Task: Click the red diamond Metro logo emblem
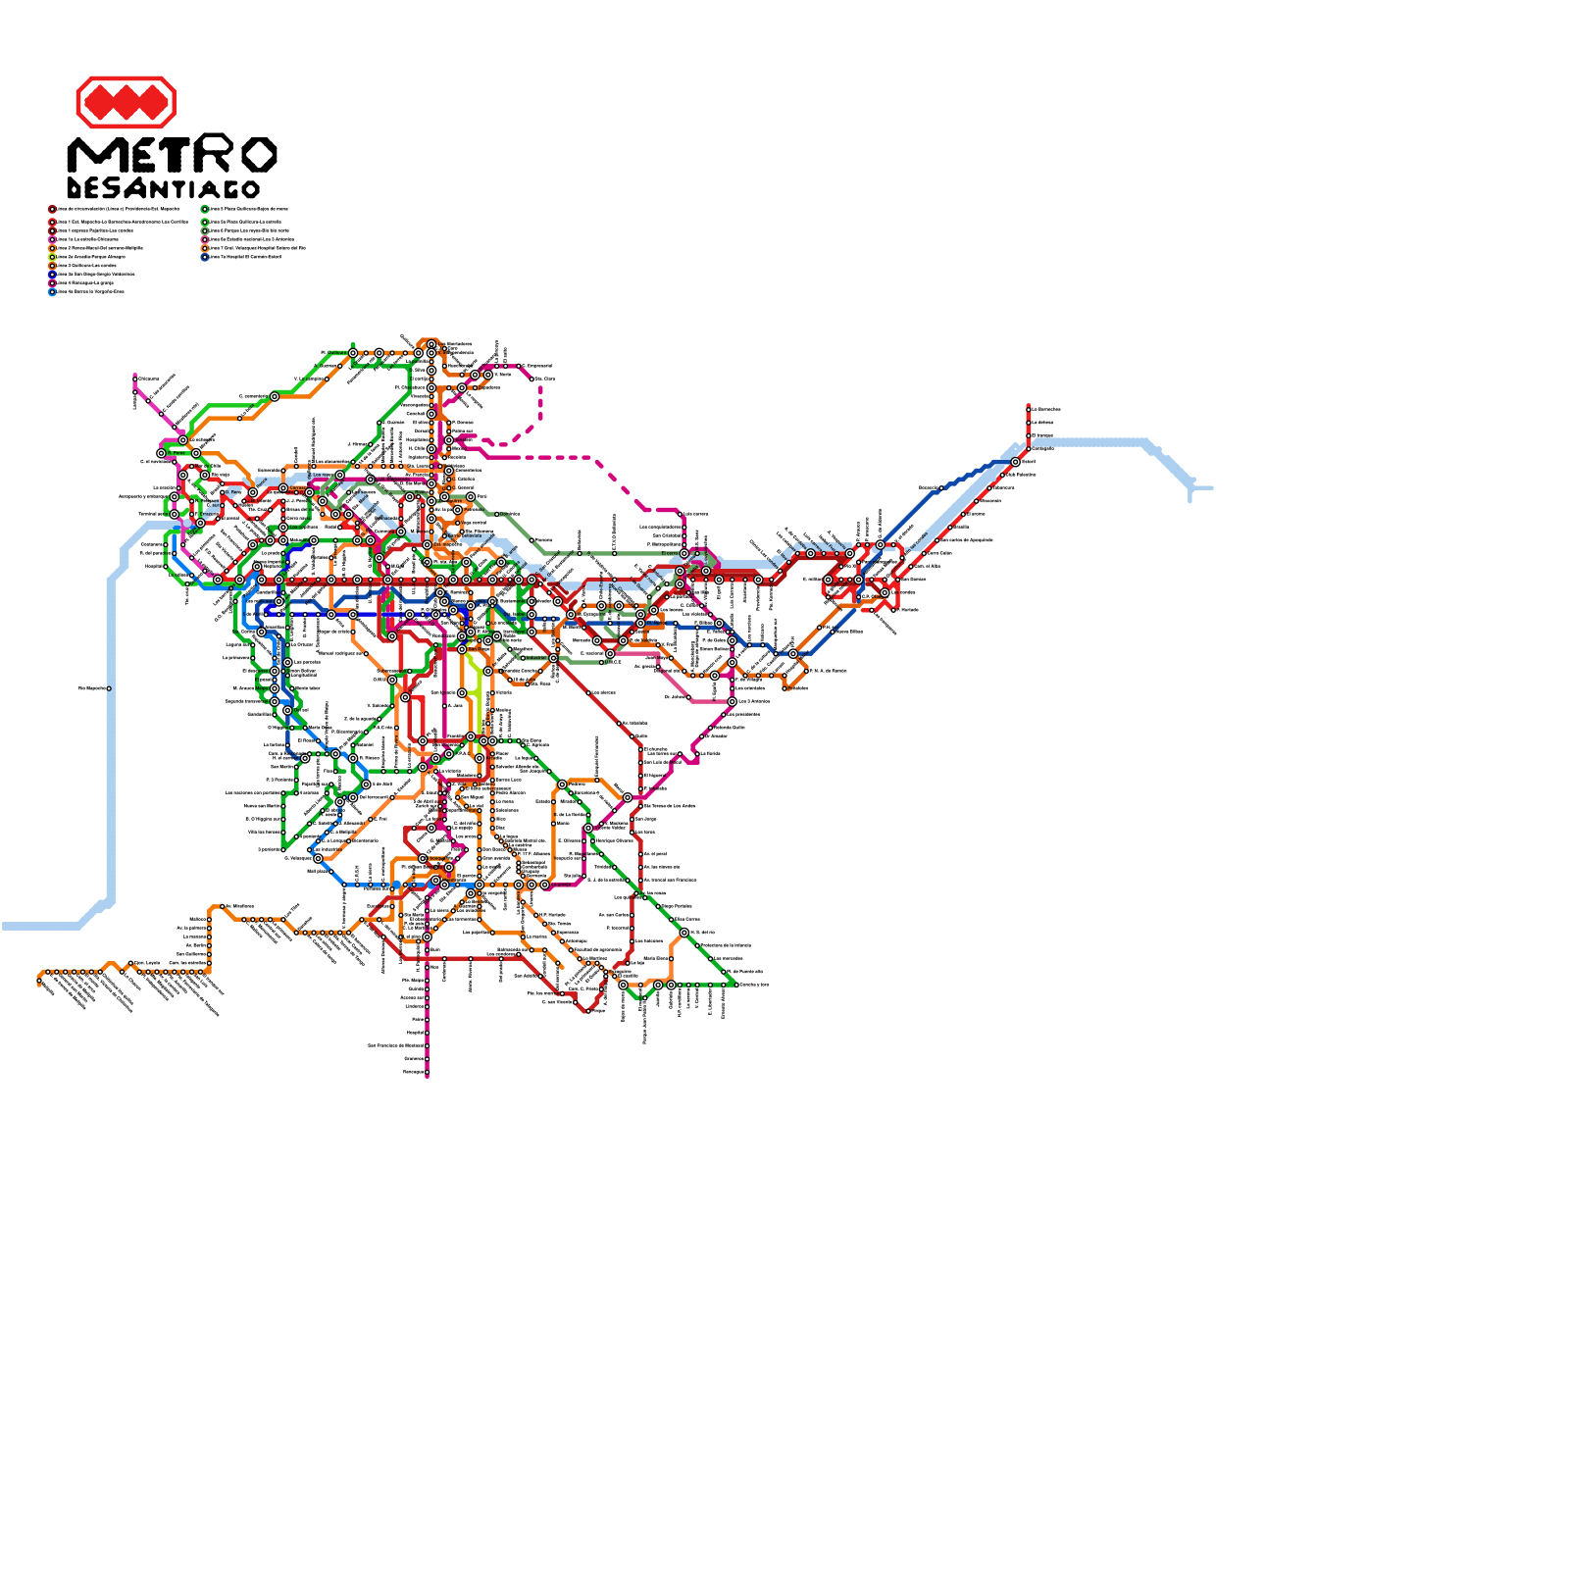126,102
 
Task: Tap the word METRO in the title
172,155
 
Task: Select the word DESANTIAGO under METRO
164,188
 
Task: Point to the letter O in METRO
258,155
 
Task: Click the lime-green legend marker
52,257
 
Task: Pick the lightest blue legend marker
52,291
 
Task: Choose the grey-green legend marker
205,230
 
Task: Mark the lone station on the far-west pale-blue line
109,688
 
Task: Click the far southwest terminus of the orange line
40,981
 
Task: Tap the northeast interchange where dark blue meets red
1016,462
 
